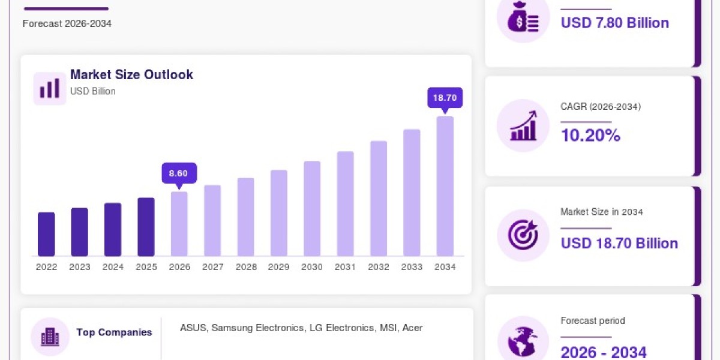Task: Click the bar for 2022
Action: (x=46, y=235)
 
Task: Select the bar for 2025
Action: (x=146, y=227)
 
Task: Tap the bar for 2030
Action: (x=312, y=209)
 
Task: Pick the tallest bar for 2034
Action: (x=445, y=186)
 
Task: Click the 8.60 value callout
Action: (x=179, y=173)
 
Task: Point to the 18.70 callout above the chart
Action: (x=445, y=98)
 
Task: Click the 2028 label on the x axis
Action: (x=246, y=267)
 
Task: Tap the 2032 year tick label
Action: (x=379, y=267)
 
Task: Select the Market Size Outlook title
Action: (x=131, y=74)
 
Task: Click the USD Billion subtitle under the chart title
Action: (x=93, y=91)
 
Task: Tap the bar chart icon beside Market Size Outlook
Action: (x=49, y=88)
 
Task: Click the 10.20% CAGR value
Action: (x=590, y=135)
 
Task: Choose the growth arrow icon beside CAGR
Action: (x=523, y=125)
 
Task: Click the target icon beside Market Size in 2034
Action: (x=523, y=235)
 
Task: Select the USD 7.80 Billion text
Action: (x=615, y=23)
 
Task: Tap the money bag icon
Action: (x=523, y=17)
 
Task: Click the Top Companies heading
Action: (x=114, y=332)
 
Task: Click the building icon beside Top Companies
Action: (x=50, y=337)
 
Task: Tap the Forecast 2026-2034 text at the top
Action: (x=67, y=24)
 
